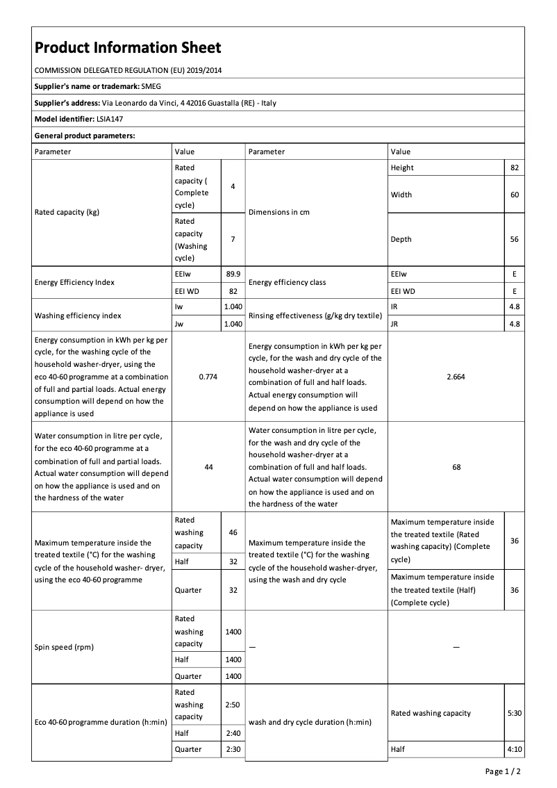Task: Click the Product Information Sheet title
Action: (128, 47)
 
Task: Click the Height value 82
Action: (514, 167)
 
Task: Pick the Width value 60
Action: (514, 195)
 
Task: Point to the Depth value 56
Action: (514, 239)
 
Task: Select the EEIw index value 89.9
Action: (233, 274)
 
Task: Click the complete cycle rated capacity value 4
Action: (233, 186)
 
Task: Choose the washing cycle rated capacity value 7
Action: (233, 239)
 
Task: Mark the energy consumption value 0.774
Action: (208, 376)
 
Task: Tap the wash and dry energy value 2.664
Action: (456, 376)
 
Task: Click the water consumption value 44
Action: (208, 467)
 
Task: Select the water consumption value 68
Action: (456, 467)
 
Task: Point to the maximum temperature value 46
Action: (233, 532)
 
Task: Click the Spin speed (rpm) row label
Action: (64, 647)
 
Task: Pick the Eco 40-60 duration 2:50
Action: (233, 705)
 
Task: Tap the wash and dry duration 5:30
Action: (514, 713)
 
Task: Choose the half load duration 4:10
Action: (514, 750)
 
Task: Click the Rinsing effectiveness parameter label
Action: (315, 315)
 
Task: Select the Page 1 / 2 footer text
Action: (502, 771)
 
